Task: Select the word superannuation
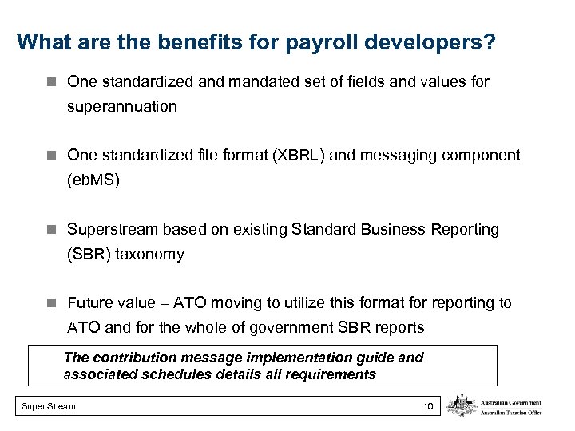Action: coord(122,106)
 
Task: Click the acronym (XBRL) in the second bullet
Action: coord(294,155)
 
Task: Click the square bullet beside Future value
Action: coord(52,303)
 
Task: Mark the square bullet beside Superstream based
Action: coord(52,230)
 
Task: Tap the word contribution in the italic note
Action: coord(131,358)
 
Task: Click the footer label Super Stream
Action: coord(49,407)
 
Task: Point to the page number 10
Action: coord(428,407)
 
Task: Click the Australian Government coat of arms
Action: coord(462,405)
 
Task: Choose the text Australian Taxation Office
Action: coord(511,412)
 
